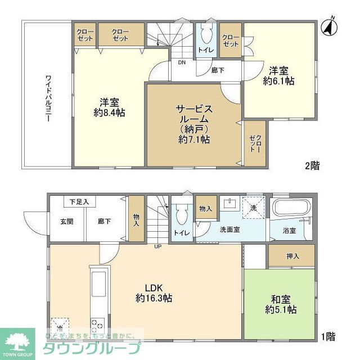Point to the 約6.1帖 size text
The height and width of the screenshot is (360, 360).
[x=280, y=80]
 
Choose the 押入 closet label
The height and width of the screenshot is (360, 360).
[x=292, y=255]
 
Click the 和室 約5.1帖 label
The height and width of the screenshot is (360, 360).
[x=280, y=304]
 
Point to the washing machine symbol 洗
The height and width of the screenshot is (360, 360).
[x=253, y=205]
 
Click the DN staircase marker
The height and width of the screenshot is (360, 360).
[x=182, y=62]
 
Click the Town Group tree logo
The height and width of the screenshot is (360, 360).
[x=17, y=343]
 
